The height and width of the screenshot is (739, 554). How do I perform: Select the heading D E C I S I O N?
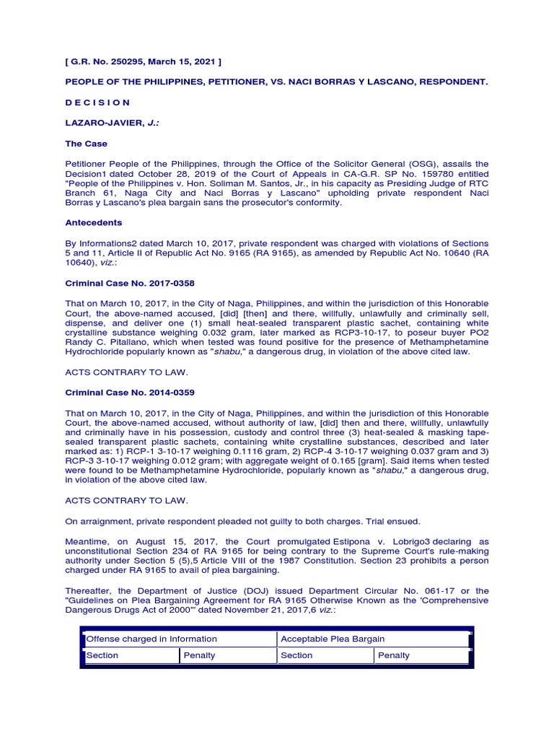[98, 102]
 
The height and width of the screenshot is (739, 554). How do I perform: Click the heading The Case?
[86, 144]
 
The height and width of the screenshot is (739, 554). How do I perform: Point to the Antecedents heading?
[94, 223]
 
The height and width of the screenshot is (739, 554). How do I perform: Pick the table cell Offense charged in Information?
[151, 639]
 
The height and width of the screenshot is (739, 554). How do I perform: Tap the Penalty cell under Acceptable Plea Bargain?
[393, 655]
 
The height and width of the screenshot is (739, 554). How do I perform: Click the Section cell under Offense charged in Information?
[102, 655]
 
